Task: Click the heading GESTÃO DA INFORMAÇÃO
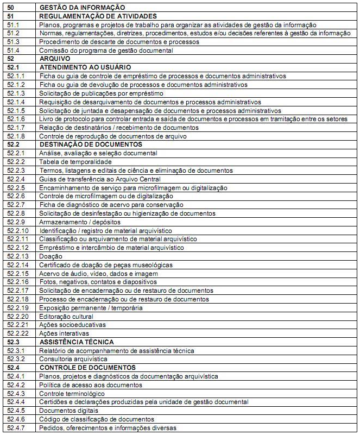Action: click(82, 8)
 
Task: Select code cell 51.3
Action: click(14, 42)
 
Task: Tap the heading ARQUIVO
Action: click(55, 59)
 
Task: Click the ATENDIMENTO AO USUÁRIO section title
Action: click(85, 67)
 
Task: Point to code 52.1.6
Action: click(16, 119)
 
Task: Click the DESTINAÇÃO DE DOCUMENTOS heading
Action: click(91, 144)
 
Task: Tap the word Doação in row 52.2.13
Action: click(51, 256)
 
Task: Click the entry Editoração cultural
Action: click(66, 316)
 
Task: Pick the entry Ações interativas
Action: click(61, 333)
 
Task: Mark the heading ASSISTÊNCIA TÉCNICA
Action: click(77, 342)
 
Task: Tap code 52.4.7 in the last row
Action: click(16, 428)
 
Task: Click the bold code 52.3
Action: click(14, 342)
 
